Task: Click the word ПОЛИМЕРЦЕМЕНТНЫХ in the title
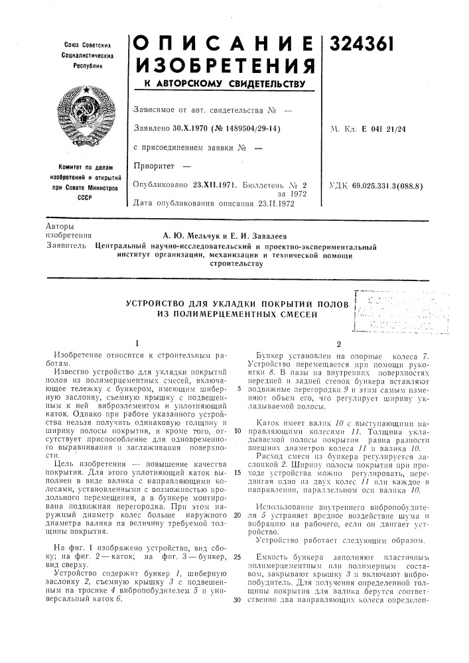click(x=231, y=315)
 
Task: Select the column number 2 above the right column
click(x=339, y=343)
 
